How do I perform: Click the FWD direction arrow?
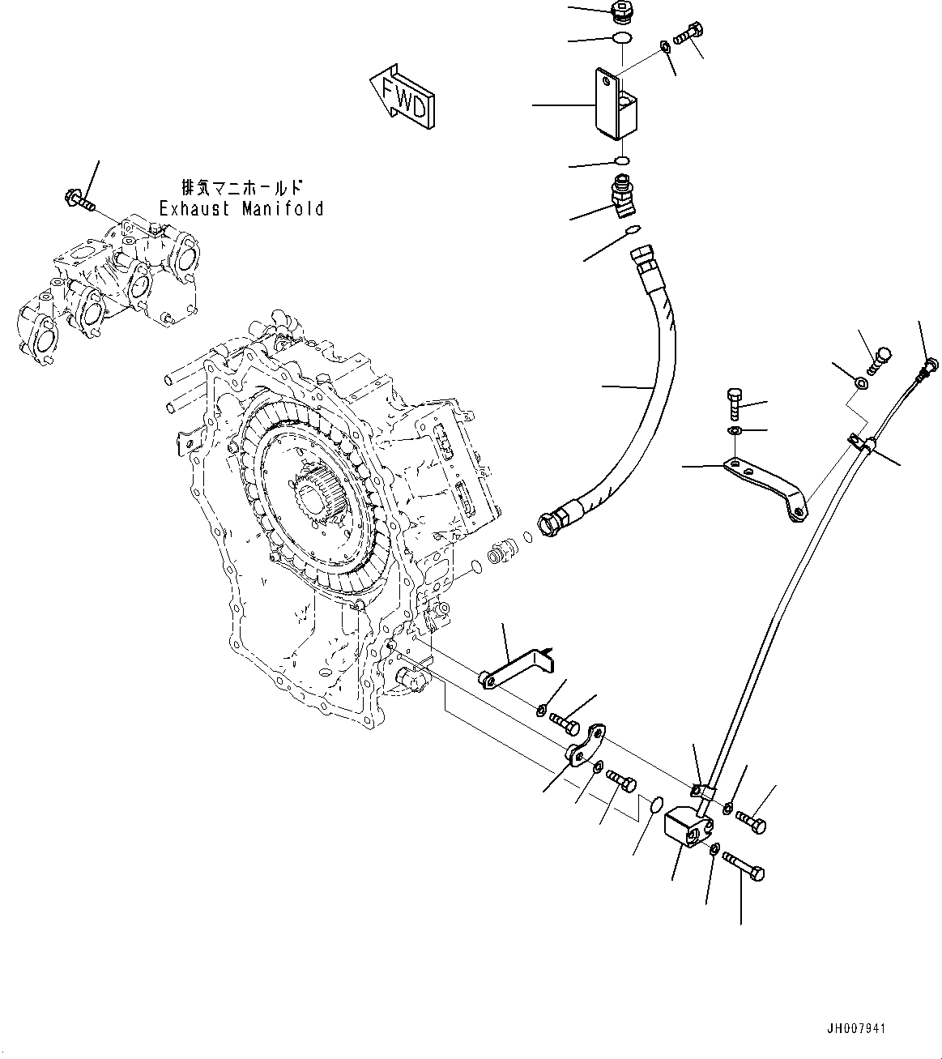[x=402, y=96]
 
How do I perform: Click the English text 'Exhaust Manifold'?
[x=241, y=209]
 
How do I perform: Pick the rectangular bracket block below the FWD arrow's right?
[x=616, y=104]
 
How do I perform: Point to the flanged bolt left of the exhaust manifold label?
[x=79, y=198]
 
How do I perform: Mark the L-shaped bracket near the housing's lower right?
[x=515, y=669]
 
